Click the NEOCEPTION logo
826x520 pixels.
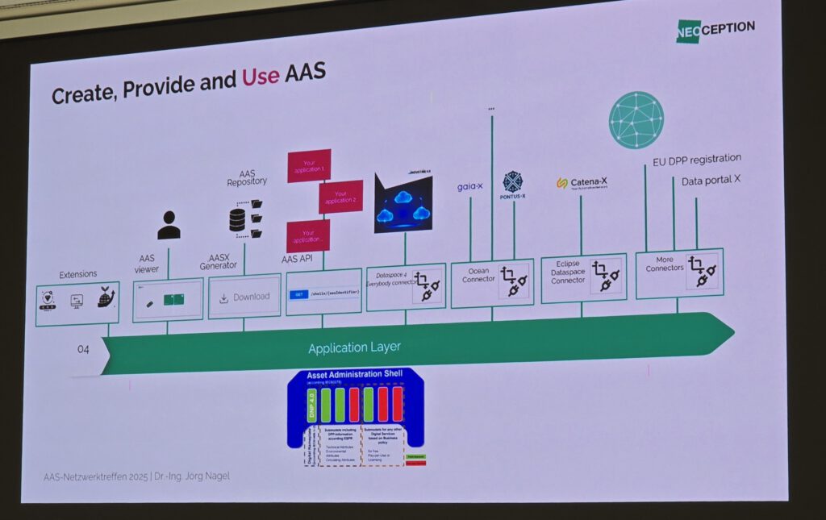click(x=715, y=29)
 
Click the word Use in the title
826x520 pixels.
click(x=261, y=77)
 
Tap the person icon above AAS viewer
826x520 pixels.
click(x=169, y=226)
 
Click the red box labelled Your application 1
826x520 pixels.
click(x=309, y=165)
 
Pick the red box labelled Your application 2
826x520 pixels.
click(x=340, y=197)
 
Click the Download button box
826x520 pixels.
click(x=244, y=297)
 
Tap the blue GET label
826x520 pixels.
click(x=298, y=295)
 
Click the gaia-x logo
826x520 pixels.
click(x=469, y=186)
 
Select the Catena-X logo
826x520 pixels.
click(x=582, y=184)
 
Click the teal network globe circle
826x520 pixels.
click(x=636, y=120)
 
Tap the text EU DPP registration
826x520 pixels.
click(x=697, y=160)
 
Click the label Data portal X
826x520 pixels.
click(x=711, y=180)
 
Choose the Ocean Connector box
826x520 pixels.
click(x=491, y=283)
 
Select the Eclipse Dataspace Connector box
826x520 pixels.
click(x=582, y=279)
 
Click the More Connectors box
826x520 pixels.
click(x=678, y=273)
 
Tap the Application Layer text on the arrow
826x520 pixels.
click(x=354, y=347)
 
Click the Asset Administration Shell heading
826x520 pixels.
click(x=356, y=376)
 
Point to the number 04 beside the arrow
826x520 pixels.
click(x=83, y=349)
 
